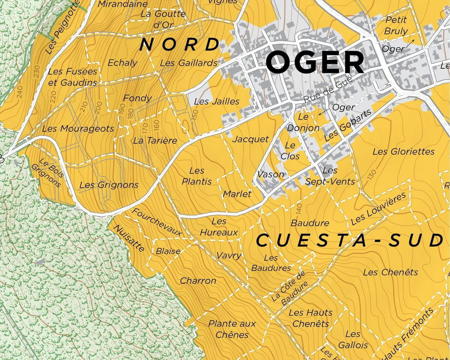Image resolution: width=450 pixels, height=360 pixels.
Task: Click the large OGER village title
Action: tap(315, 62)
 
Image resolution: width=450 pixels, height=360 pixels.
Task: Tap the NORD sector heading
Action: tap(179, 44)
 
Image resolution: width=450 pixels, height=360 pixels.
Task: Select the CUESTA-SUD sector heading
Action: tap(349, 241)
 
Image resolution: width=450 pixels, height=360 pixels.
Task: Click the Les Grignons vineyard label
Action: tap(109, 185)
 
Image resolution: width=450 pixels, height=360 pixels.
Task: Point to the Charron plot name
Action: tap(198, 280)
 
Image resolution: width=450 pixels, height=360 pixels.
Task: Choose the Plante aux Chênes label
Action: tap(232, 329)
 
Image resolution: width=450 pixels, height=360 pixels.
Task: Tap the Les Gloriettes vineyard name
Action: tap(403, 152)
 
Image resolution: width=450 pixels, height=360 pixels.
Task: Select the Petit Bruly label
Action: tap(396, 25)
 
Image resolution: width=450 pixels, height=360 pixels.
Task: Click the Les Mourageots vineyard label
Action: tap(78, 129)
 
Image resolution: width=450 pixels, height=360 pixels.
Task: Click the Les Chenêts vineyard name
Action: tap(390, 273)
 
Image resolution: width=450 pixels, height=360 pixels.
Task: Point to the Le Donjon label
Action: tap(303, 123)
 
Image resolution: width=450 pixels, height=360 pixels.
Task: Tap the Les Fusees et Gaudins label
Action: tap(73, 77)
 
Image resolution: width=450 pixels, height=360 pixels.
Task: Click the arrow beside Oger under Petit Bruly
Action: tap(409, 44)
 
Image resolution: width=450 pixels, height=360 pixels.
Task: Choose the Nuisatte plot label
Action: tap(129, 238)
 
